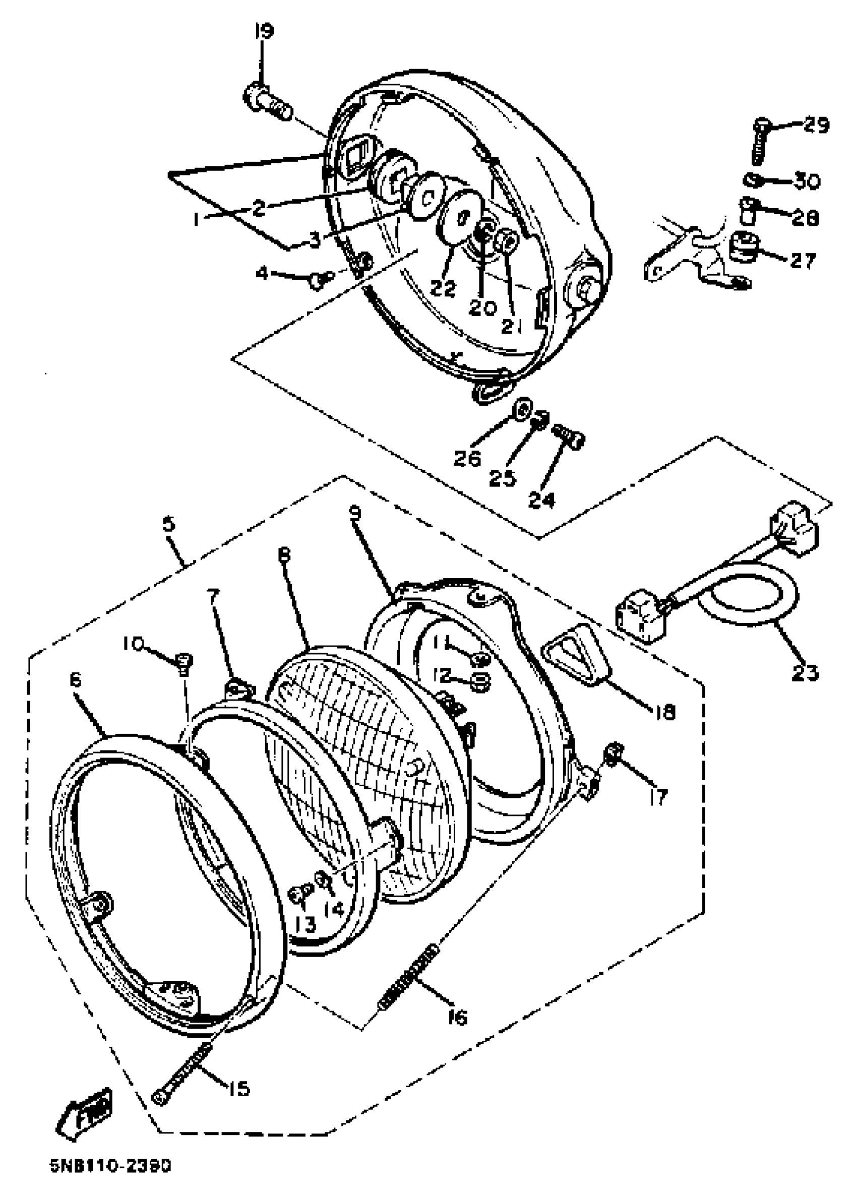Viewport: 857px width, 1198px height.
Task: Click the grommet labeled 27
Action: (x=744, y=247)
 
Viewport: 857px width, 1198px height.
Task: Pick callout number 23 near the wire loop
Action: (x=804, y=673)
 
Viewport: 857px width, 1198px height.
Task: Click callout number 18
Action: (x=665, y=713)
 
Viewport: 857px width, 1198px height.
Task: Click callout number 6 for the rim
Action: (x=76, y=680)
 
